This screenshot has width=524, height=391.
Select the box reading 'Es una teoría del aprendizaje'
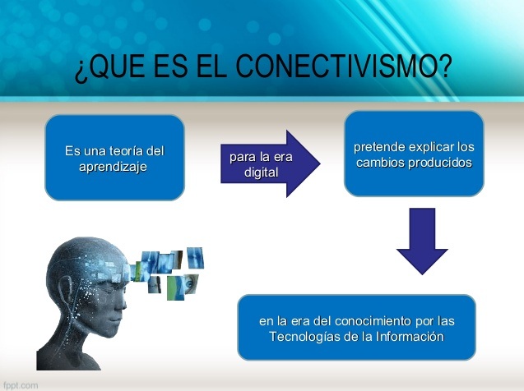click(x=114, y=158)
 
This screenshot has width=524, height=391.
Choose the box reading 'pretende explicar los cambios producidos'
click(x=414, y=154)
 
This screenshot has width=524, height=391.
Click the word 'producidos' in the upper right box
click(x=443, y=162)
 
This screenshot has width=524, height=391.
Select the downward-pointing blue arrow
click(x=422, y=239)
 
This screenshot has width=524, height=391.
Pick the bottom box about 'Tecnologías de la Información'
click(x=356, y=327)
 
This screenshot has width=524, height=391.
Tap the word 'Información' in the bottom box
click(x=409, y=336)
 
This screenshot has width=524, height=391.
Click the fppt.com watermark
click(x=20, y=384)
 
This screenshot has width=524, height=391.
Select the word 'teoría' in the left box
click(x=124, y=151)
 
